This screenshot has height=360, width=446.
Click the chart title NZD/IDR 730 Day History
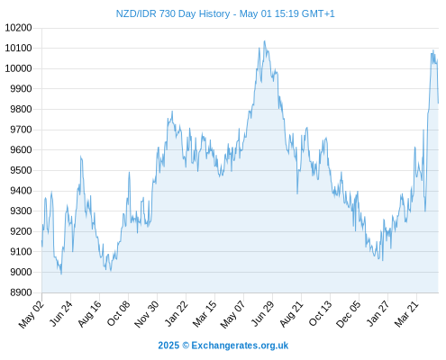click(173, 13)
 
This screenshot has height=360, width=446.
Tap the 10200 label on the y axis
click(18, 28)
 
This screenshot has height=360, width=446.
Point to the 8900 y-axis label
click(21, 292)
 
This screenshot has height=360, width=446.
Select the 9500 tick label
click(21, 170)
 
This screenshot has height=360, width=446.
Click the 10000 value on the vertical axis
click(18, 68)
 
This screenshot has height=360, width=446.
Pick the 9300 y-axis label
click(21, 211)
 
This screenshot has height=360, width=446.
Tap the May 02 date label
click(31, 314)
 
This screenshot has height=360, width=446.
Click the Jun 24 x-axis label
click(61, 313)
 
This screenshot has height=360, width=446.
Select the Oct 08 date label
click(119, 313)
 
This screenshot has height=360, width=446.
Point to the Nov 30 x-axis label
click(146, 314)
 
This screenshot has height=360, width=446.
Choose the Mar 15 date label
click(205, 314)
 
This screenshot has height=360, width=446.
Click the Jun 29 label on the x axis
click(263, 313)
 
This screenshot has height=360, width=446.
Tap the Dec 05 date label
click(348, 314)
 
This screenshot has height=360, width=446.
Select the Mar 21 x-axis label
click(406, 314)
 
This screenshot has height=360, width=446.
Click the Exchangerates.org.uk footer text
click(240, 346)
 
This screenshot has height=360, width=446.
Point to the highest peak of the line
click(264, 41)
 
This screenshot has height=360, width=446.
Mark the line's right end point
click(438, 103)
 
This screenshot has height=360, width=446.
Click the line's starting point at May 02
click(41, 241)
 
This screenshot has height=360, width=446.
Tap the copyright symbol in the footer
click(186, 346)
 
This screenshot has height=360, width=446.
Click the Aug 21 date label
click(291, 314)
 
